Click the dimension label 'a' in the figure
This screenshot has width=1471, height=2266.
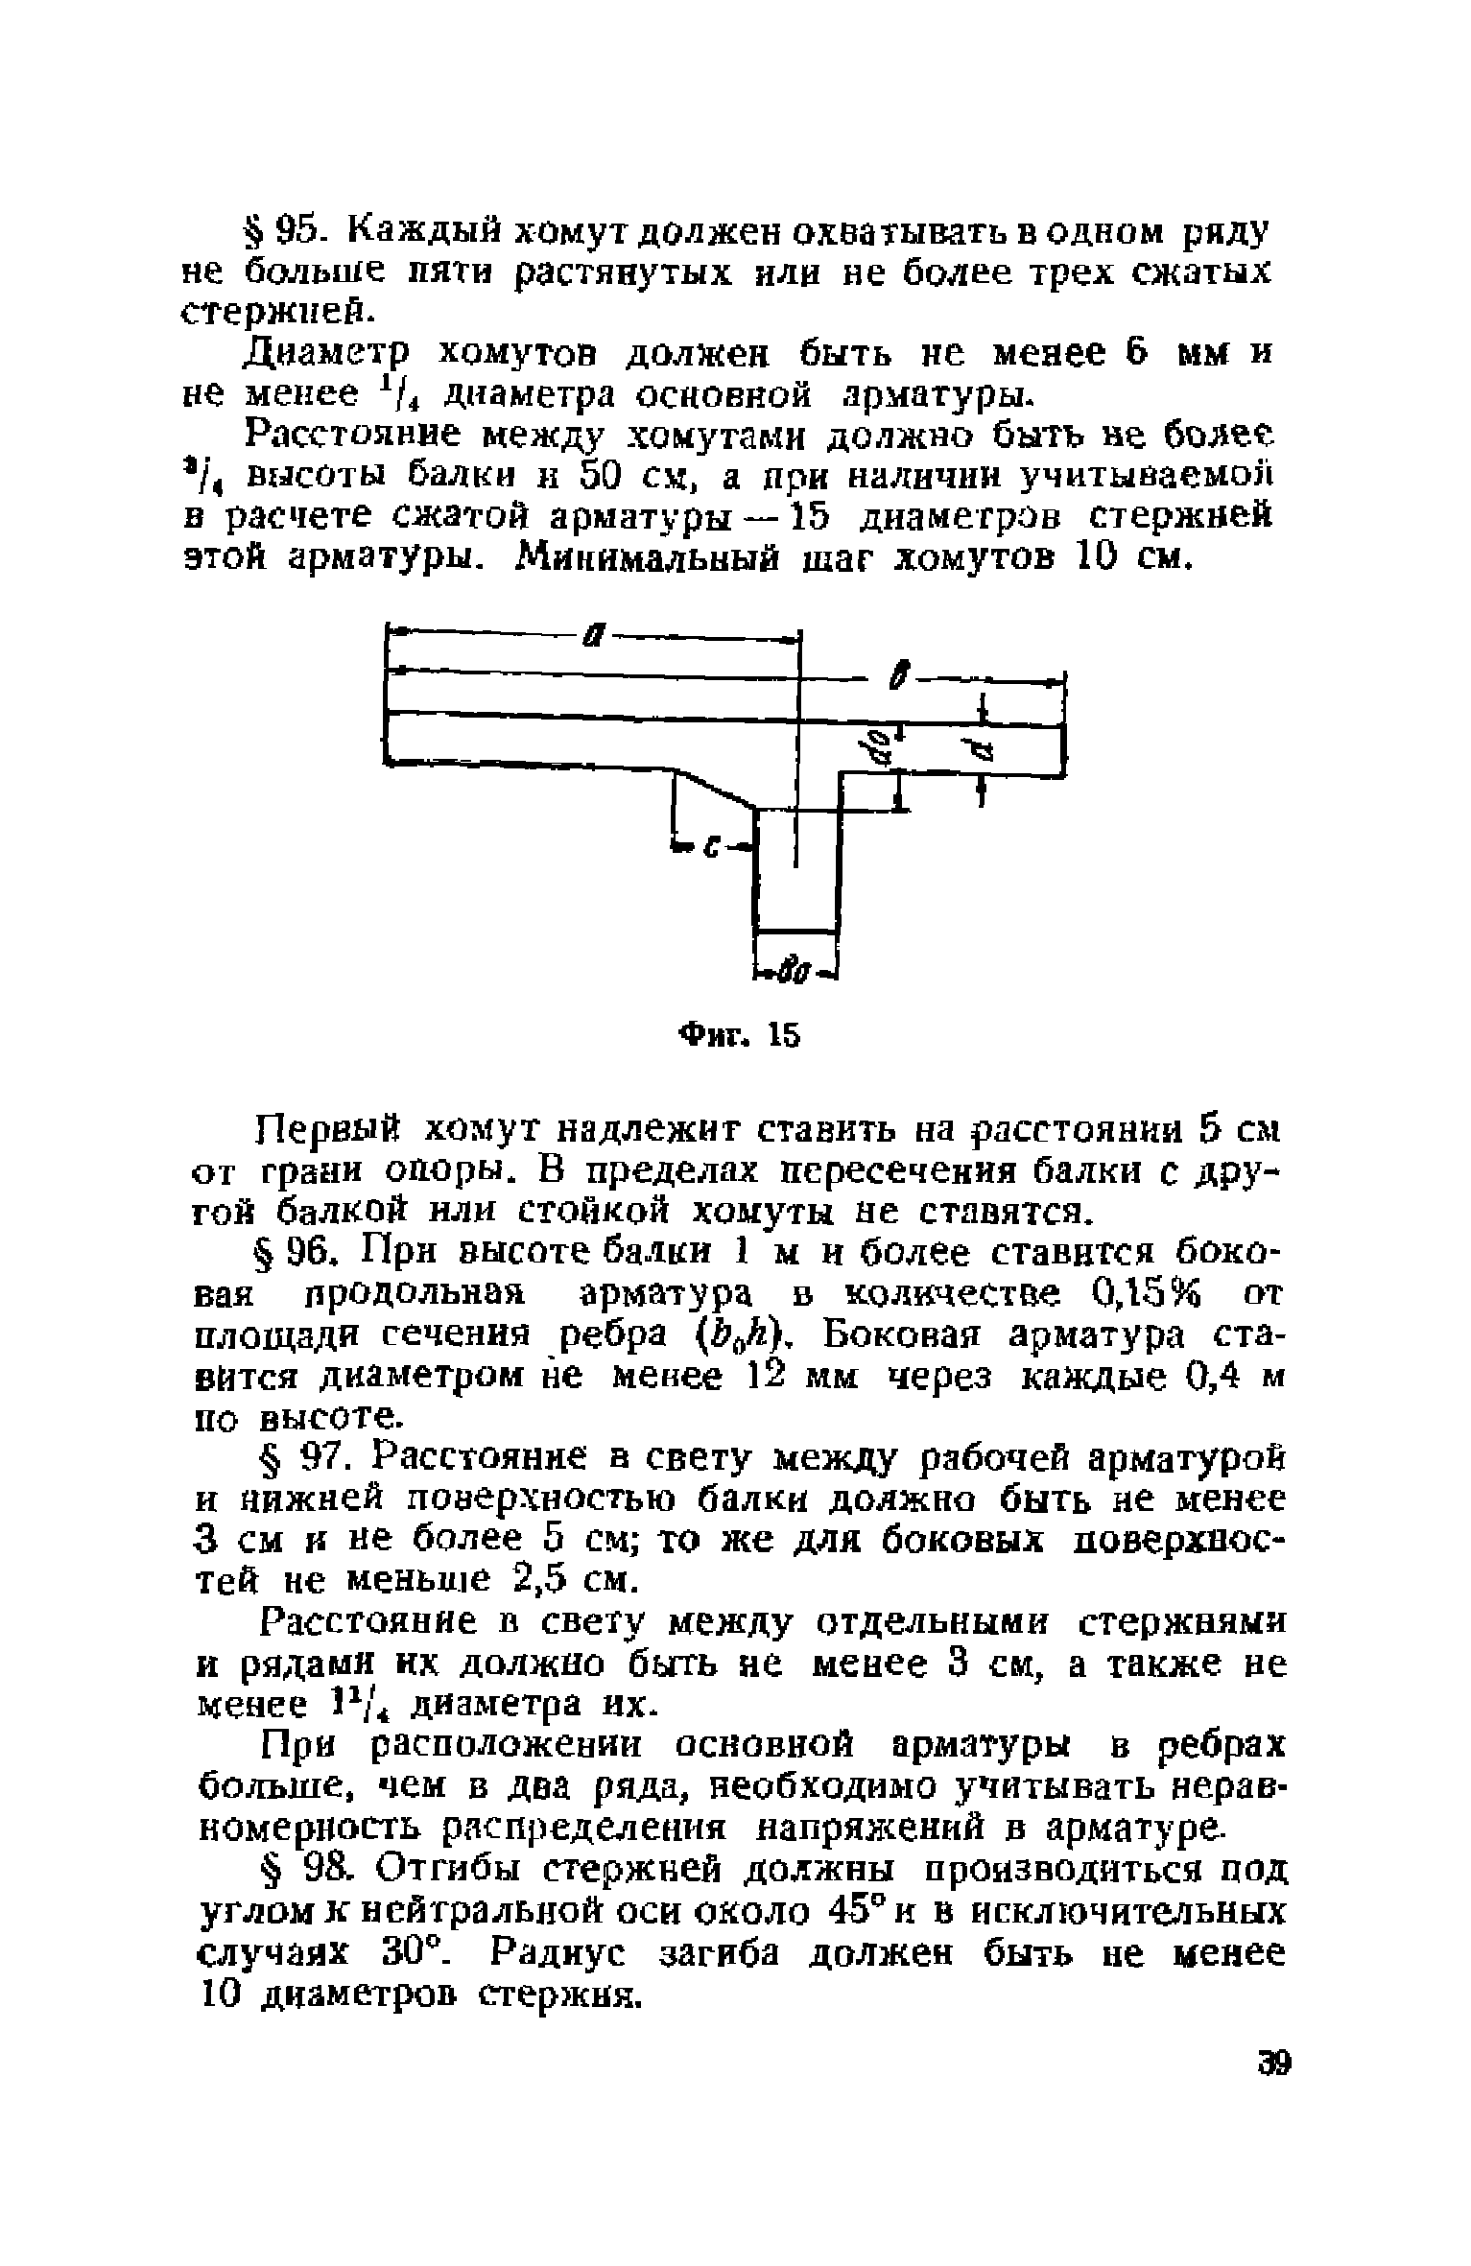[595, 635]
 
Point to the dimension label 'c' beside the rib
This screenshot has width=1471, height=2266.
[712, 846]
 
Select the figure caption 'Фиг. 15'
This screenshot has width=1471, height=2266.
[738, 1036]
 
